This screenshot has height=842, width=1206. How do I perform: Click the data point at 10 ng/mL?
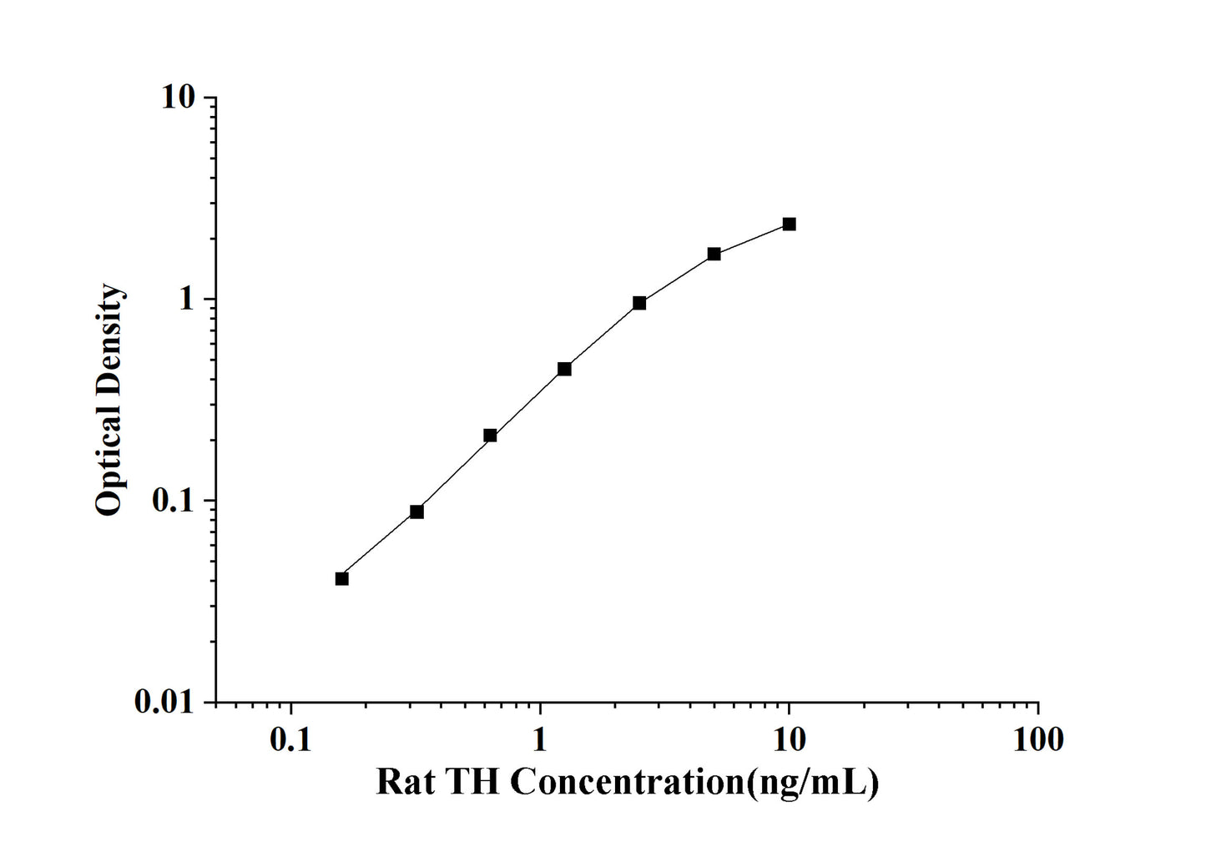click(x=789, y=224)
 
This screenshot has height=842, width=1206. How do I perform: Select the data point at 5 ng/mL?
click(x=714, y=254)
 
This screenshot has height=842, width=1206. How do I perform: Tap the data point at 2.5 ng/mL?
click(x=639, y=303)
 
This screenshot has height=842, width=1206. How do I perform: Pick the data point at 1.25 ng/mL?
click(x=564, y=369)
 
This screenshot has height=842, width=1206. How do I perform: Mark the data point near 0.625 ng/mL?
click(x=490, y=436)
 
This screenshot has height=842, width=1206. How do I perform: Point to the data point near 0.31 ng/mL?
click(x=416, y=512)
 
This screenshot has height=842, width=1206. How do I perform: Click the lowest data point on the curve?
click(x=341, y=578)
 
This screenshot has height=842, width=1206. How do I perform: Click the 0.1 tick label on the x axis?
click(x=291, y=739)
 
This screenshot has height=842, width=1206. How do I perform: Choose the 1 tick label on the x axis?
click(x=541, y=739)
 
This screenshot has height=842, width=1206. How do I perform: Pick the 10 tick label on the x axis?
click(x=790, y=739)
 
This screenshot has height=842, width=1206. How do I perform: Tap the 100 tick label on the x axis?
click(x=1037, y=739)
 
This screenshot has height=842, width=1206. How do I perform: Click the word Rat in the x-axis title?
click(x=406, y=783)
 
